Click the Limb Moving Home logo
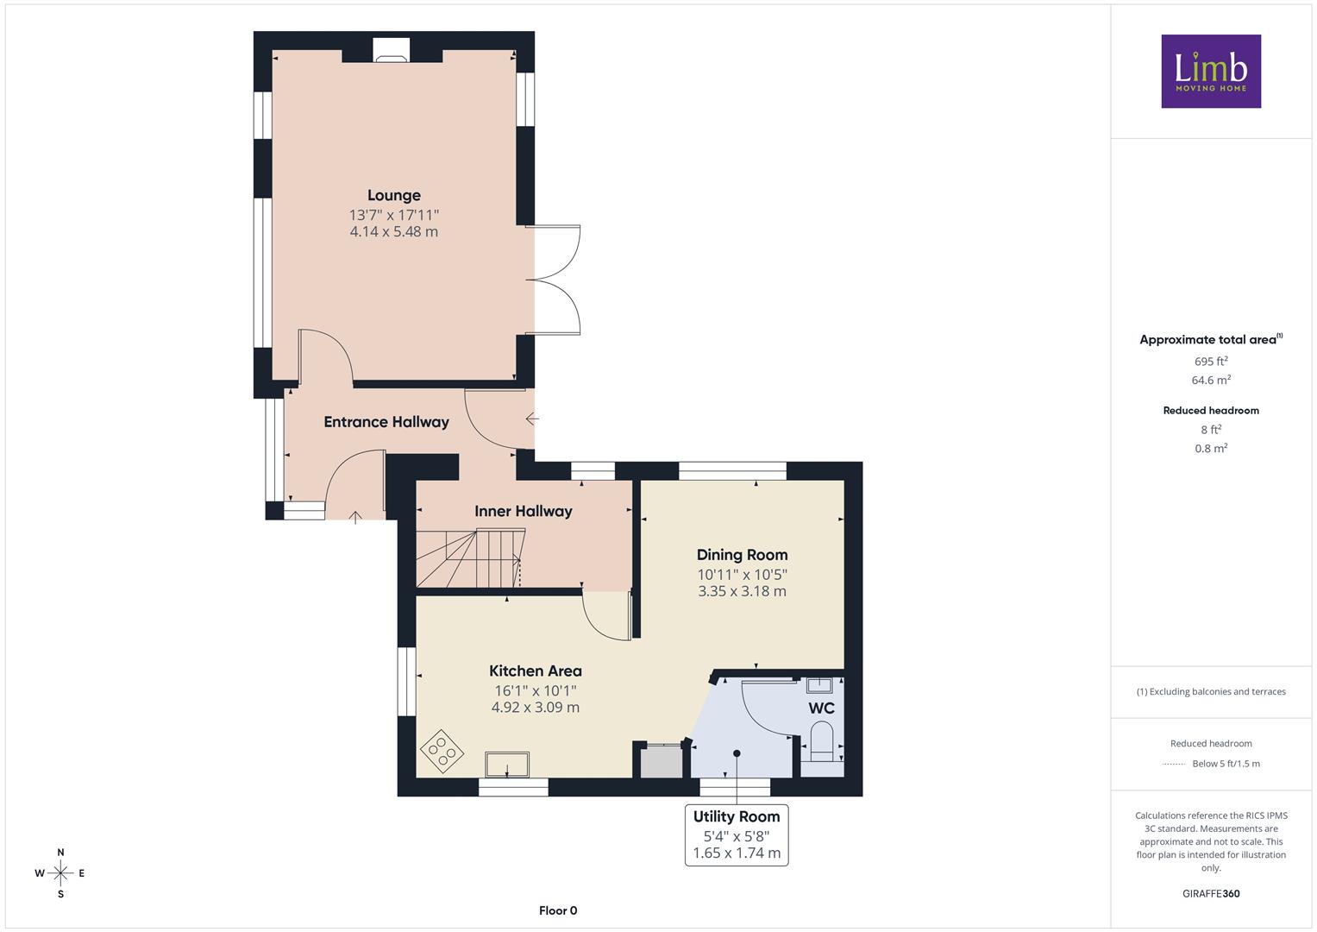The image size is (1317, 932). point(1211,71)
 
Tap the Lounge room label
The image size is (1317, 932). point(394,195)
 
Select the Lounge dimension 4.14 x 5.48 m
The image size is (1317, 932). point(394,232)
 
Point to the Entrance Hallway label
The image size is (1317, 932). point(386,422)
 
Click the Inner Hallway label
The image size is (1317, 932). point(524,511)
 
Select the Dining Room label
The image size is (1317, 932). point(742,555)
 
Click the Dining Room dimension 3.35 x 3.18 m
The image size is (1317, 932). point(742,591)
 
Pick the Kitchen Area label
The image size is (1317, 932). point(536,671)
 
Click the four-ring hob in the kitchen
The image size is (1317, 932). point(442,752)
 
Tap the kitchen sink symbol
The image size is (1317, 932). point(507,765)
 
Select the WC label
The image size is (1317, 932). point(821,708)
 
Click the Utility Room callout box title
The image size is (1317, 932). point(737,816)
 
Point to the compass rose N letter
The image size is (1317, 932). point(60,852)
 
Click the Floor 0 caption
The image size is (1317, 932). point(558,910)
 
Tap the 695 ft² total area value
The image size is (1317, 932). point(1211,362)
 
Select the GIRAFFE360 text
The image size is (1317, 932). point(1211,894)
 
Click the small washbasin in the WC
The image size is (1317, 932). point(818,685)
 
